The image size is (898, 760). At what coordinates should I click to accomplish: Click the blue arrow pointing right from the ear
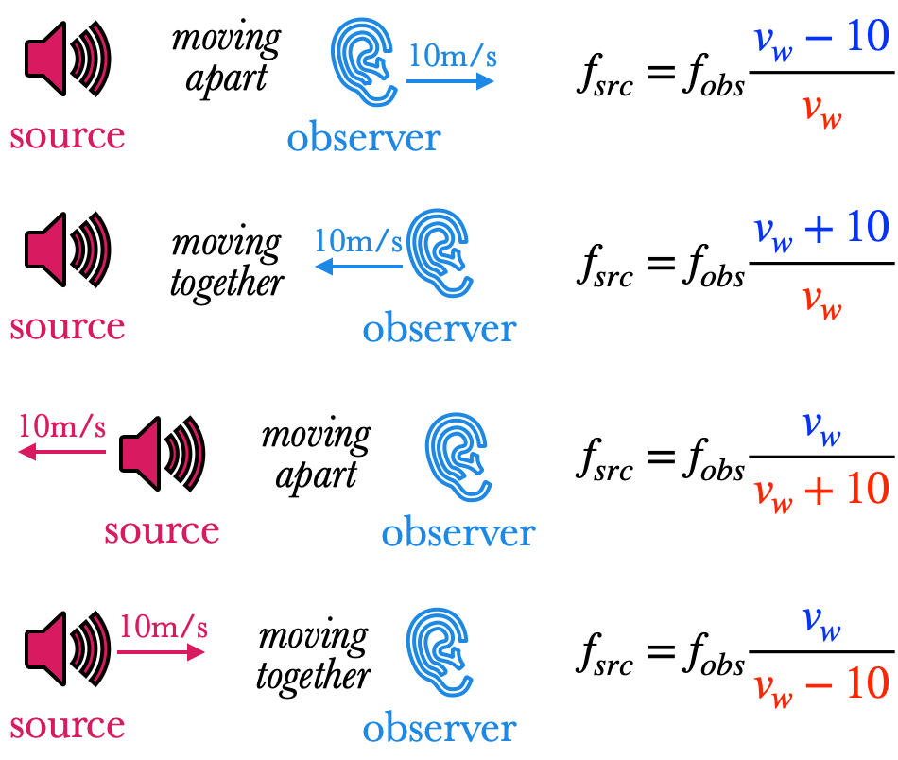coord(451,80)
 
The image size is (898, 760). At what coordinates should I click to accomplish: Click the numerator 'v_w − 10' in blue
coord(820,41)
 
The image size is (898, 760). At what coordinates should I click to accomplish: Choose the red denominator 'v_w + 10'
coord(820,490)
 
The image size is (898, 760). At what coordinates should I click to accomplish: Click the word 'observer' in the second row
coord(439,329)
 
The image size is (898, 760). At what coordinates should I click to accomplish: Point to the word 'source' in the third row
coord(162,530)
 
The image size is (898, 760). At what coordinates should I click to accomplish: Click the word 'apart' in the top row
coord(226,78)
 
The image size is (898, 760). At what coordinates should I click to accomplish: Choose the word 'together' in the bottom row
coord(313,677)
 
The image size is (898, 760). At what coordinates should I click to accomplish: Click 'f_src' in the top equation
coord(604,78)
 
